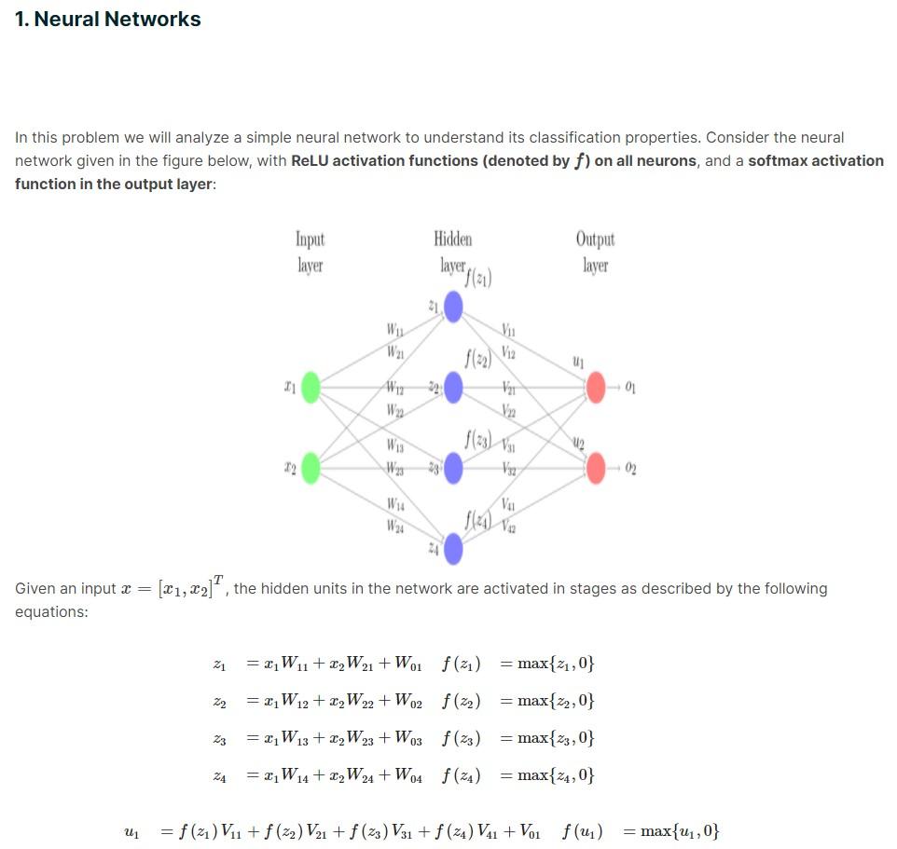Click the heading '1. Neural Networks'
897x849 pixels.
point(107,19)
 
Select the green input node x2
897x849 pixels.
point(310,467)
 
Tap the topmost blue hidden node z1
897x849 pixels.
point(453,306)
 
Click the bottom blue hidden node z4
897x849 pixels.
point(453,550)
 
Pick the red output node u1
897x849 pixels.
point(596,386)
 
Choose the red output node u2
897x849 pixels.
point(596,467)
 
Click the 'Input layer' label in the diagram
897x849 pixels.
point(310,252)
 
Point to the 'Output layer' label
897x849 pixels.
point(595,252)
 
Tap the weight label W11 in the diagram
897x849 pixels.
point(395,329)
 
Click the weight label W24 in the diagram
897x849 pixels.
point(395,526)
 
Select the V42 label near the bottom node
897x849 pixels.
point(508,526)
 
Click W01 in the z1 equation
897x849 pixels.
point(408,664)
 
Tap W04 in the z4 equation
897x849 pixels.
point(408,775)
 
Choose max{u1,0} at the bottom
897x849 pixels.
point(681,831)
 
